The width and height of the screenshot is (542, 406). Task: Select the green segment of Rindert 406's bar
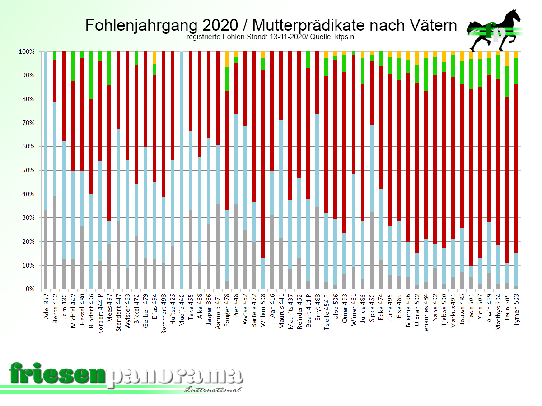point(91,75)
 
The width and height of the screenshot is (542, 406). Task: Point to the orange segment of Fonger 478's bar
point(227,59)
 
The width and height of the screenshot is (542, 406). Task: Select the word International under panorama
point(213,389)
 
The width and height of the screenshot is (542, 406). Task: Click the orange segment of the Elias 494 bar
point(154,57)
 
